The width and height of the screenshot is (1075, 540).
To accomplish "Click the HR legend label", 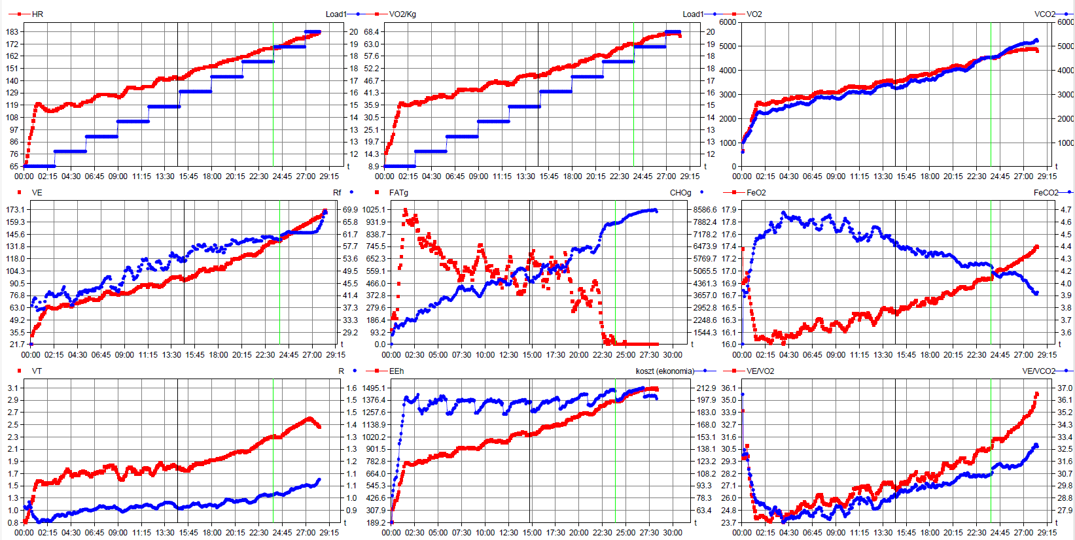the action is (37, 14).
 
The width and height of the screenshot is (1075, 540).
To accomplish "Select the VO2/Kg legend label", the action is (402, 14).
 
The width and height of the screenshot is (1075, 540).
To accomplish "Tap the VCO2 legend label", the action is (1045, 14).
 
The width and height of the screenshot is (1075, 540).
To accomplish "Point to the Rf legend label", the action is (337, 193).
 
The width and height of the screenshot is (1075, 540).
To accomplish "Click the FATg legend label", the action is (398, 193).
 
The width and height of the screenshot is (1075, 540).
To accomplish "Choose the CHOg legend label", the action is (680, 193).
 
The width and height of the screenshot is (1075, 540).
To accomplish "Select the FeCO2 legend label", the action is (1046, 193).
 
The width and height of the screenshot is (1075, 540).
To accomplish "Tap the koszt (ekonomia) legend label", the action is (665, 371).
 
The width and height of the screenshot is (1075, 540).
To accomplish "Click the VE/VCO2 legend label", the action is (1038, 371).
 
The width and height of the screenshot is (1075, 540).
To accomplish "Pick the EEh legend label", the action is (397, 371).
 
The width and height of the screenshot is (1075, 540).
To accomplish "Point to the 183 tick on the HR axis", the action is (12, 31).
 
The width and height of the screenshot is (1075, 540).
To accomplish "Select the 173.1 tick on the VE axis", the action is (15, 210).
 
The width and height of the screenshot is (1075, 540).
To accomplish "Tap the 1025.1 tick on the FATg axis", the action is (374, 210).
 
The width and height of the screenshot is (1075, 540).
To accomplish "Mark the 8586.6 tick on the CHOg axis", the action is (705, 210).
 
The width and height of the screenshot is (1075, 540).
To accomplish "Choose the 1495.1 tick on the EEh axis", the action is (374, 388).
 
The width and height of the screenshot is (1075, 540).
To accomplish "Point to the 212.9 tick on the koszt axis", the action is (706, 388).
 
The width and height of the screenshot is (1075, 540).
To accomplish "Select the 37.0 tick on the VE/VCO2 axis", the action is (1065, 388).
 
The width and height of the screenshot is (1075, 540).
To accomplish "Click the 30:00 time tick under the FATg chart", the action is (673, 355).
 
